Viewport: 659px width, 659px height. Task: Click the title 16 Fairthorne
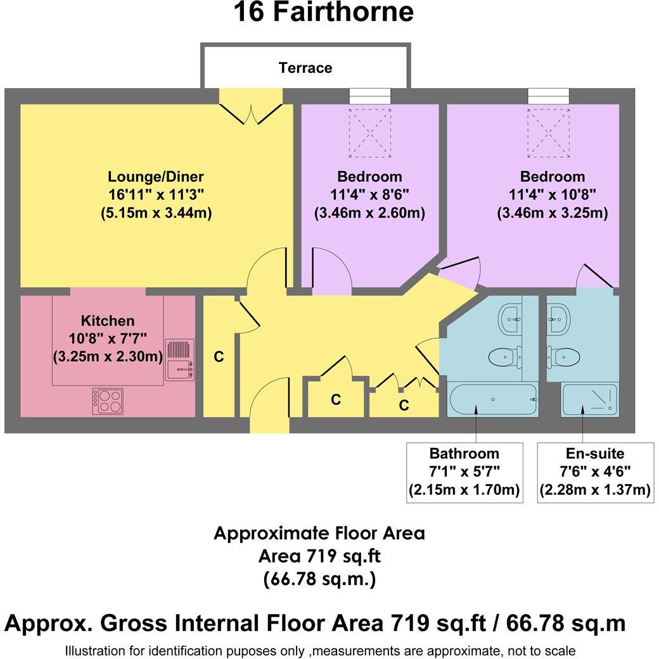click(324, 12)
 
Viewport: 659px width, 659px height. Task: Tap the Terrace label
click(305, 68)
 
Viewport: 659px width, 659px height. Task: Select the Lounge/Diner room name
click(156, 177)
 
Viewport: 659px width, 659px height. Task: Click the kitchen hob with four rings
click(108, 401)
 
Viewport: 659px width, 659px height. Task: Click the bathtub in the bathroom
click(492, 400)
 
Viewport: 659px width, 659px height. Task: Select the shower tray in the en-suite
click(589, 400)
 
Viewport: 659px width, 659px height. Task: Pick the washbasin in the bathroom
click(511, 319)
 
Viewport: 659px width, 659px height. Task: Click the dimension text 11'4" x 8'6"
click(369, 195)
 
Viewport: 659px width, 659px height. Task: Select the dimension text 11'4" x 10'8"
click(553, 195)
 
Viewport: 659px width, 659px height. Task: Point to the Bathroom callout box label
click(464, 454)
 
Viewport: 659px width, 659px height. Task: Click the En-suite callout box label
click(595, 454)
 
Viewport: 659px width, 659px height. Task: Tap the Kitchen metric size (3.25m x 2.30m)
click(108, 357)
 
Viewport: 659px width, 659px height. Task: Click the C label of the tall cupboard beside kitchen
click(219, 357)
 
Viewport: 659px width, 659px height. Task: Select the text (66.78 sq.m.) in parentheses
click(319, 579)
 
